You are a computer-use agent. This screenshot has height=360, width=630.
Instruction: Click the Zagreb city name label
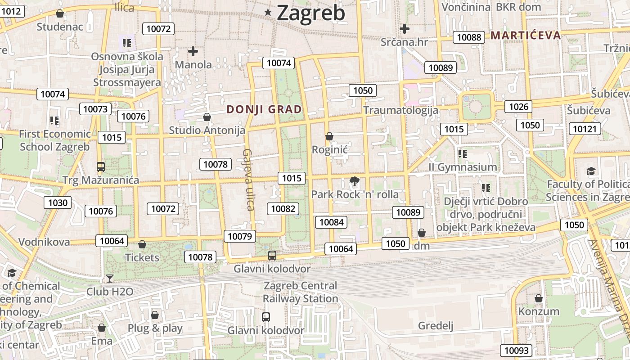[x=311, y=13]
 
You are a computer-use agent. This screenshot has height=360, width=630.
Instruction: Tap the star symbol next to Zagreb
[x=268, y=13]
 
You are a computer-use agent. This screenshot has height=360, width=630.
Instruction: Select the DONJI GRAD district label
[x=264, y=109]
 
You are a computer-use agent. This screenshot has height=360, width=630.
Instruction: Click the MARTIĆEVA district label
[x=526, y=35]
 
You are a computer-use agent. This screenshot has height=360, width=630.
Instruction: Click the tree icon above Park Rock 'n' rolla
[x=355, y=182]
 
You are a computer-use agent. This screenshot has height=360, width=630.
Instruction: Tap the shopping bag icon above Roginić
[x=329, y=136]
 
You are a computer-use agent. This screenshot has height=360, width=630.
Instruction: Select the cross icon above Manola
[x=193, y=51]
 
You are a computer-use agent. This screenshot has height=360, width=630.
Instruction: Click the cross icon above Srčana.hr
[x=404, y=29]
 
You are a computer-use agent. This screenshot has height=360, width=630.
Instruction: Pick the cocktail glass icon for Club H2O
[x=110, y=279]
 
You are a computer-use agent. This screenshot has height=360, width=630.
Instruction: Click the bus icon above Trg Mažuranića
[x=101, y=167]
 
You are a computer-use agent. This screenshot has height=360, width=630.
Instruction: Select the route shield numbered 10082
[x=283, y=208]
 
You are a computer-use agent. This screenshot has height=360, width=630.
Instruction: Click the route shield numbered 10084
[x=332, y=222]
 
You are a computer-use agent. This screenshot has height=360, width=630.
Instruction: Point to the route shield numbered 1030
[x=58, y=202]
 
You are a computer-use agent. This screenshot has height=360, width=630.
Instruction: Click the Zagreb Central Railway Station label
[x=300, y=292]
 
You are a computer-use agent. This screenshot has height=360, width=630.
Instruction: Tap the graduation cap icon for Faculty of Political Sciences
[x=591, y=171]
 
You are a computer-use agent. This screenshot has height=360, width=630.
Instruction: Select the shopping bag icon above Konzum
[x=539, y=298]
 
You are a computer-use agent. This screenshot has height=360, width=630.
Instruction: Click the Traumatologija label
[x=400, y=110]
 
